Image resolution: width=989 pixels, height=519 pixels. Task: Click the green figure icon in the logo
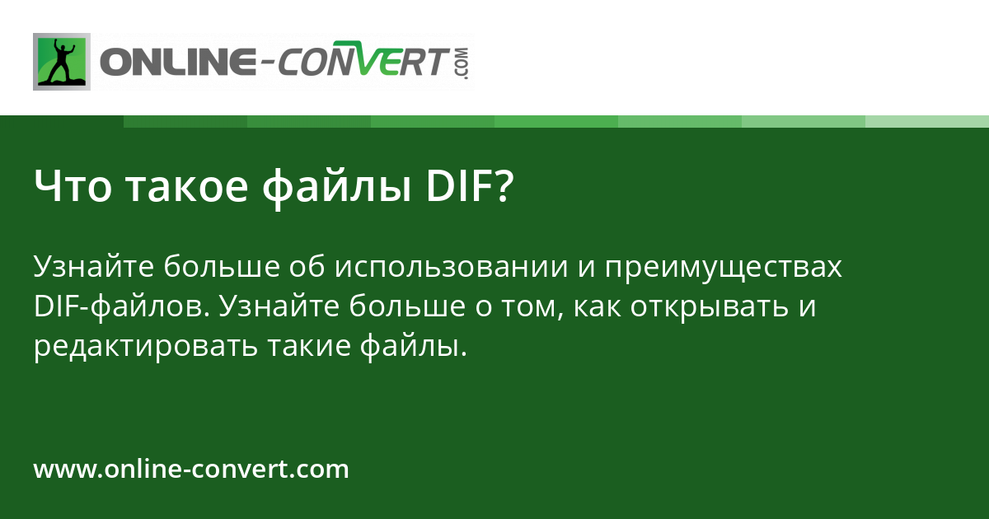coord(62,62)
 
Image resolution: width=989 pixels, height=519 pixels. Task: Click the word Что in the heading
coord(74,188)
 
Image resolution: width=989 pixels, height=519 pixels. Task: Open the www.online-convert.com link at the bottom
coord(191,470)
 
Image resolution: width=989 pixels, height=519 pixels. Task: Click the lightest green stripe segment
coord(926,121)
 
